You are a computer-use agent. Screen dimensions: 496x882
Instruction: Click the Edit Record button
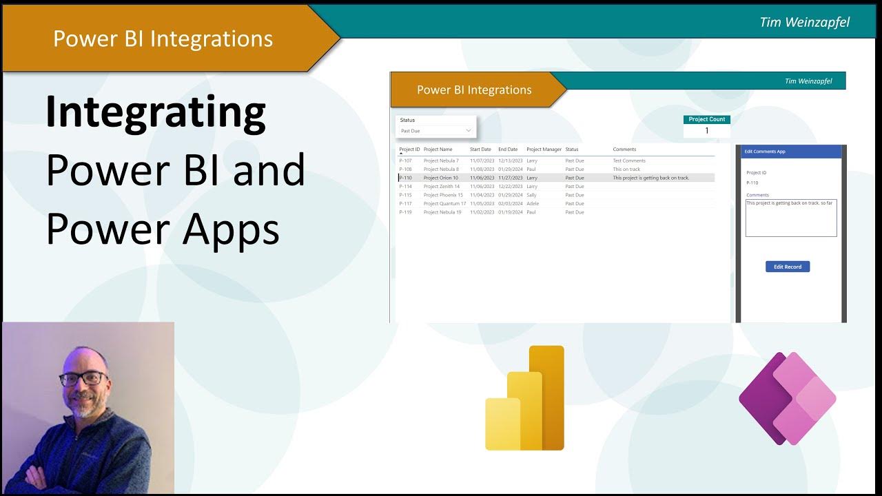click(788, 267)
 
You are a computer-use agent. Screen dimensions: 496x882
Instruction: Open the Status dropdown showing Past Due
click(436, 130)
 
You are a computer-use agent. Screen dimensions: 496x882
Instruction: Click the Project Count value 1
click(706, 131)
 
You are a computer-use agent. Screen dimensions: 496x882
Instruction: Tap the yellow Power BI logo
click(525, 399)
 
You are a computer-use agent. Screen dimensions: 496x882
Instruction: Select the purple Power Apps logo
click(787, 398)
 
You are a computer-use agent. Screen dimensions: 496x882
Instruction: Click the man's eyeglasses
click(83, 378)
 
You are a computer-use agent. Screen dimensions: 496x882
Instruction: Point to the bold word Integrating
click(156, 113)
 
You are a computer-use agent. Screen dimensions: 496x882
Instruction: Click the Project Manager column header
click(544, 149)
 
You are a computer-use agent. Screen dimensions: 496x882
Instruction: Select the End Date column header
click(508, 149)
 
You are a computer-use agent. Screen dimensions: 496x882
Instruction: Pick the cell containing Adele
click(533, 204)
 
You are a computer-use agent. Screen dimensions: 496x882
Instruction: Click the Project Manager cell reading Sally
click(531, 195)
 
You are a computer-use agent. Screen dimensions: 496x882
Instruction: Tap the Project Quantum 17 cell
click(444, 204)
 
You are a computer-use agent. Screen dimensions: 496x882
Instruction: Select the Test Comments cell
click(629, 161)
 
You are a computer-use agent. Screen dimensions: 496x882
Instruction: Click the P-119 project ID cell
click(405, 212)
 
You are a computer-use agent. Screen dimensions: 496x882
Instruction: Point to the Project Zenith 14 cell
click(442, 187)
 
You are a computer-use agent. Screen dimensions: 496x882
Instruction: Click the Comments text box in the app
click(791, 218)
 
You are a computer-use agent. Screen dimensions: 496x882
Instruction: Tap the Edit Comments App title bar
click(791, 152)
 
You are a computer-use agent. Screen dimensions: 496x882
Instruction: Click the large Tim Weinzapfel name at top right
click(804, 22)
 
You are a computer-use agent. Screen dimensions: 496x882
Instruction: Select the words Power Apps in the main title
click(163, 229)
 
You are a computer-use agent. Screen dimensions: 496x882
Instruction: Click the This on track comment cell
click(626, 169)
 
